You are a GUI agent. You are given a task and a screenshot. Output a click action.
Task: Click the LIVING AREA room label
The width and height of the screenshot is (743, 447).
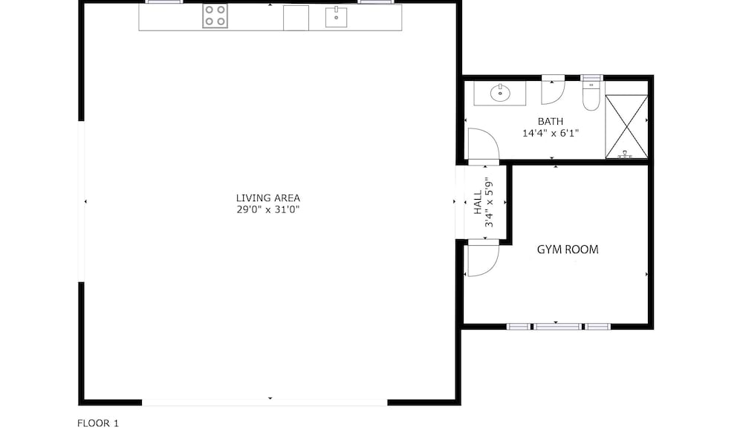coord(267,198)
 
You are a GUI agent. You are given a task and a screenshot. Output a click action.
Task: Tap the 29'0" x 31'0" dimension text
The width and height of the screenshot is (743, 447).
coord(267,210)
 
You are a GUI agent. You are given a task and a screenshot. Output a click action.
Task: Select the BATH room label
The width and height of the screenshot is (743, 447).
coord(551,121)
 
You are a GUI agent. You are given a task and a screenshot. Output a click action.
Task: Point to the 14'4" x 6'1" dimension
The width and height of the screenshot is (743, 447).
coord(551,133)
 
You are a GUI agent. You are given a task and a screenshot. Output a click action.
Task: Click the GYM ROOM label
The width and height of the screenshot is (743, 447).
coord(568,249)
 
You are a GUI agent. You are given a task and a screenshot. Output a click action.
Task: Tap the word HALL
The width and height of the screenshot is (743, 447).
coord(478,202)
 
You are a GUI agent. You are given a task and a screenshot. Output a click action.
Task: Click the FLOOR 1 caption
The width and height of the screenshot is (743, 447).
coord(98,423)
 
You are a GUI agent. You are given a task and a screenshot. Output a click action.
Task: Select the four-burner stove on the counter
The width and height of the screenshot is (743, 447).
coord(215,16)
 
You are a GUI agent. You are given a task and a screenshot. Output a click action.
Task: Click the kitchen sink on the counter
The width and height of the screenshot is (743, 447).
coord(336,17)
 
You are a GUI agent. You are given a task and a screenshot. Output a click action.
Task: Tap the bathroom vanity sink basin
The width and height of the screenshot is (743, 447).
coord(500,93)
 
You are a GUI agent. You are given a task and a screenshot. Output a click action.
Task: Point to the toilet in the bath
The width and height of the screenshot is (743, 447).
coord(591,96)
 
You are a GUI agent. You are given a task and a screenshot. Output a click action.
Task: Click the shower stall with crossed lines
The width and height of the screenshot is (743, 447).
coord(626,126)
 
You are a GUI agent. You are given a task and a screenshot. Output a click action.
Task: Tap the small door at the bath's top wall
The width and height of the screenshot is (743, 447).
coord(553,90)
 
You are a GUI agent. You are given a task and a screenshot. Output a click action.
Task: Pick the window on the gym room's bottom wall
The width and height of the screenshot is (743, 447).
coord(558,326)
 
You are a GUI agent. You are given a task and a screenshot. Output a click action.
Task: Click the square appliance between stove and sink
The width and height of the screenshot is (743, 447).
coord(296,18)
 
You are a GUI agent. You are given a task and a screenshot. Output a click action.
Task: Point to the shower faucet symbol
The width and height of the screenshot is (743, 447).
coord(625,154)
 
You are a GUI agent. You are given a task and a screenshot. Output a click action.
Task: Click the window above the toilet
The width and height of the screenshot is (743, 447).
coord(591,78)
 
